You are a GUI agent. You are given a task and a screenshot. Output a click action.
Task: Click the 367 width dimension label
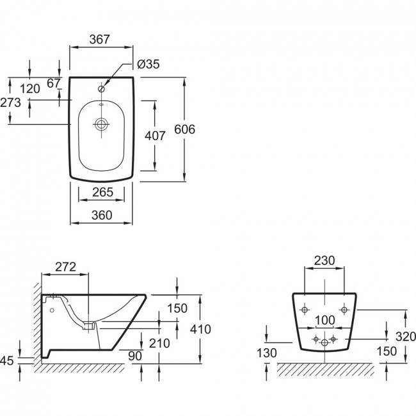tap(99, 40)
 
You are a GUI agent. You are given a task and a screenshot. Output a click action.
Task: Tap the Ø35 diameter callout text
tap(148, 64)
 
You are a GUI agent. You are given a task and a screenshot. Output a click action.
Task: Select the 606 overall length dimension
tap(185, 129)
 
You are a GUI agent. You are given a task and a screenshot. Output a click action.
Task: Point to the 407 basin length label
tap(155, 136)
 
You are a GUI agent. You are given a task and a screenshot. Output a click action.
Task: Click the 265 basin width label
tap(102, 192)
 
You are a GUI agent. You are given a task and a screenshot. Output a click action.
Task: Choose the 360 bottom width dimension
tap(102, 215)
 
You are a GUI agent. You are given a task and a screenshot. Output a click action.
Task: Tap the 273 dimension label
tap(10, 102)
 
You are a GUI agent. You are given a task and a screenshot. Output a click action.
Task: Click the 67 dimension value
tap(54, 83)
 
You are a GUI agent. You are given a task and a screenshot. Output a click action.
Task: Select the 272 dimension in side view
tap(65, 267)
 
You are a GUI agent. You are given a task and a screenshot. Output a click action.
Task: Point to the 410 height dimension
tap(200, 329)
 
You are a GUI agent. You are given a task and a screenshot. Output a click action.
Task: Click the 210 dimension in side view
tap(159, 343)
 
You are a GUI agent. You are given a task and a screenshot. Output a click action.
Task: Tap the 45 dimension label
tap(6, 361)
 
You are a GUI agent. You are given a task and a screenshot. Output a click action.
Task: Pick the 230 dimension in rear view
tap(324, 260)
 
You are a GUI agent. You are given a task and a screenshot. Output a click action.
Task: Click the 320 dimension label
tap(406, 337)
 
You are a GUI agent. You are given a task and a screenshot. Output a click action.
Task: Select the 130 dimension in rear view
tap(267, 353)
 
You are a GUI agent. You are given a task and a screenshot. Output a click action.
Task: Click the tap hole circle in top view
tap(101, 89)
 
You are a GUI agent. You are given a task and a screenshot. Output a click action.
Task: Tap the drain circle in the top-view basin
tap(101, 124)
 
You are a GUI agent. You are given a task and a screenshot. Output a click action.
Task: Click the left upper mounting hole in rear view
tap(305, 309)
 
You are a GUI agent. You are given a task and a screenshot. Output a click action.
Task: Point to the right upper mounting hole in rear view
tap(344, 309)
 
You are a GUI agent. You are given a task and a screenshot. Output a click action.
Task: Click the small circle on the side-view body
tap(52, 310)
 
